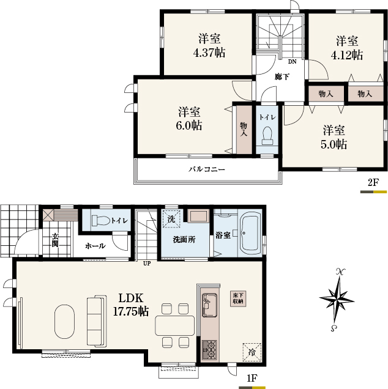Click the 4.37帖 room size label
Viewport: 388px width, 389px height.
(209, 53)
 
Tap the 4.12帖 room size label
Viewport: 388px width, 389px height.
(347, 55)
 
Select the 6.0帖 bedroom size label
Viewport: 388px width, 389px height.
(189, 125)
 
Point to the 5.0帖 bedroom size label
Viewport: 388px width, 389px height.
(334, 144)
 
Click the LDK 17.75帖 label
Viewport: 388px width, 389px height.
(131, 305)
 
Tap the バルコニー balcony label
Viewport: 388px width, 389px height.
(207, 169)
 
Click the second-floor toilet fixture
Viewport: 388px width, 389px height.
(267, 136)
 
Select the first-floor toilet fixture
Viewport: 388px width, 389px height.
(101, 220)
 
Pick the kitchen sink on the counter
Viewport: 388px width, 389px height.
(209, 305)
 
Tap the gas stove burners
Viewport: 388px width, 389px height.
(210, 350)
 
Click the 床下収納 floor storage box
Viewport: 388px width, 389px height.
(238, 298)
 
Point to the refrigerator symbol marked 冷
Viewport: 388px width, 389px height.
(252, 352)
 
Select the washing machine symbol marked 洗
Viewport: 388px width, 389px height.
(171, 219)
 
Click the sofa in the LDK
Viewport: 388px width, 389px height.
(97, 321)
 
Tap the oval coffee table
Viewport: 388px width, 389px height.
(64, 322)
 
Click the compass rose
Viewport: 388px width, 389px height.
(337, 300)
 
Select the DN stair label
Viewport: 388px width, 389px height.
(292, 62)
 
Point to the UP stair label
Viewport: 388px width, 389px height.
(147, 264)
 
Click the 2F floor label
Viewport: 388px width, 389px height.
(373, 183)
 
